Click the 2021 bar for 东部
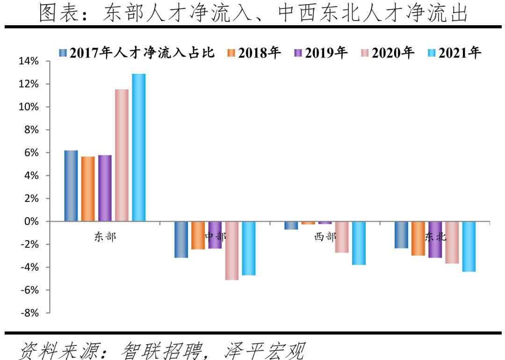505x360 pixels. point(138,147)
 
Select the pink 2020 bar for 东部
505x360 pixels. point(122,155)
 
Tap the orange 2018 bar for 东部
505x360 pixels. point(88,189)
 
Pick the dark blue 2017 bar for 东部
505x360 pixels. point(71,186)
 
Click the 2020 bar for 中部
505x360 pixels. point(231,251)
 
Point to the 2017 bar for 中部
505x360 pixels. point(181,239)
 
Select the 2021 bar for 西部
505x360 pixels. point(359,243)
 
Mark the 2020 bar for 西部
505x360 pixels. point(342,237)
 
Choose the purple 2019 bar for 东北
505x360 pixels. point(435,239)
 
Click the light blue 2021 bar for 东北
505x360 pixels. point(469,246)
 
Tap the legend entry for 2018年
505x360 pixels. point(254,53)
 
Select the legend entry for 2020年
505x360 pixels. point(388,53)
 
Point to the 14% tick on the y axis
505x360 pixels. point(29,61)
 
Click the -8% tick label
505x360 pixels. point(29,313)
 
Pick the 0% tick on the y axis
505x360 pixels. point(32,222)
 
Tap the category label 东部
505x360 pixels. point(105,237)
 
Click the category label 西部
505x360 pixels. point(325,237)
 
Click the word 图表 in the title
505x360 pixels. point(55,14)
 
